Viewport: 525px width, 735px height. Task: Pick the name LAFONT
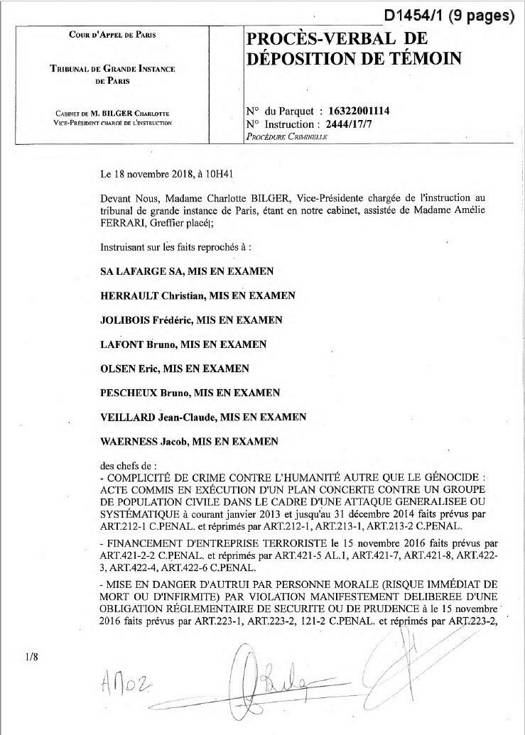pos(123,344)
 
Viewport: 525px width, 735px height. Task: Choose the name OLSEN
pos(118,369)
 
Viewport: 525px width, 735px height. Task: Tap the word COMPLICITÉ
pos(139,479)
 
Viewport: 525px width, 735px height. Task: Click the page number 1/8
pos(31,657)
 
